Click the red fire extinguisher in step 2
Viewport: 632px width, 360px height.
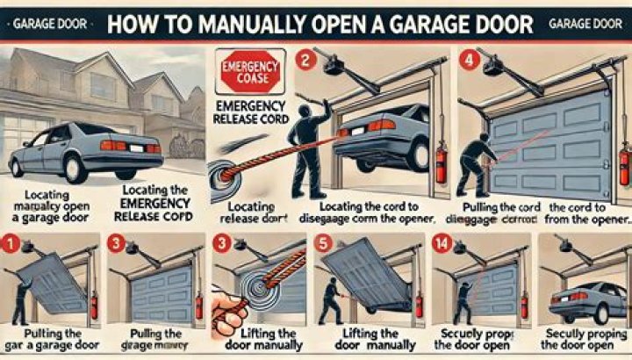[441, 163]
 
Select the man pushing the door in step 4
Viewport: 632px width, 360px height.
[476, 162]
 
